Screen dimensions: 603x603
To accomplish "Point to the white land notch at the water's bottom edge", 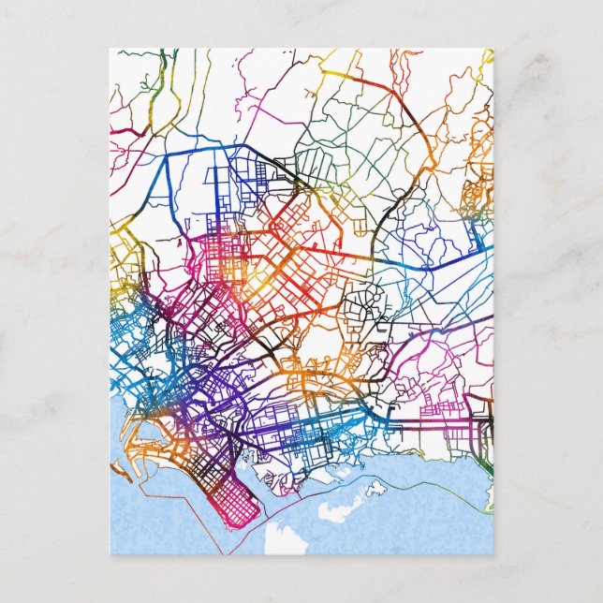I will point(281,541).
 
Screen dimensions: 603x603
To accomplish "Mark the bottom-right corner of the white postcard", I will point(493,555).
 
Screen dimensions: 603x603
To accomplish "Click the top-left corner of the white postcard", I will point(110,49).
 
